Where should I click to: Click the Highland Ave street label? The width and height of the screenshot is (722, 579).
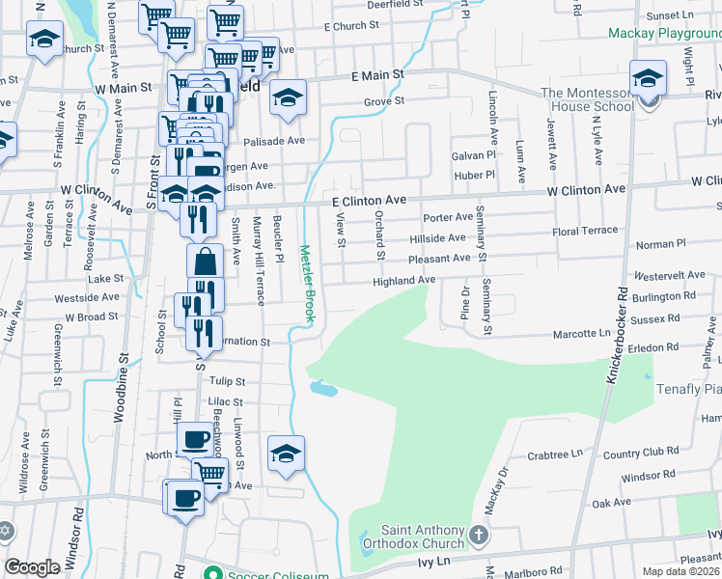click(405, 280)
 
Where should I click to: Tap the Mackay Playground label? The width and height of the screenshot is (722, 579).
click(665, 33)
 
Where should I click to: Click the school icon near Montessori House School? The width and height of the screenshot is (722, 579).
click(649, 76)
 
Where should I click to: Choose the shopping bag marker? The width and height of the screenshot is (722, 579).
click(205, 261)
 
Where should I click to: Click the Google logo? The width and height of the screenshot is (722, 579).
click(33, 566)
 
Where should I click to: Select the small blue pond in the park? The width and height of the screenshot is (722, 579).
click(321, 389)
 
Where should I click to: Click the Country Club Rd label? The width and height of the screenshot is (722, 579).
click(633, 453)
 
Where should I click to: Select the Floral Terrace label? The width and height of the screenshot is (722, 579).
click(584, 232)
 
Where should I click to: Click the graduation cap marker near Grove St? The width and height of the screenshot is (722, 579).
click(288, 97)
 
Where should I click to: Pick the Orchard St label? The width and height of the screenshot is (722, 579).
click(379, 235)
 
